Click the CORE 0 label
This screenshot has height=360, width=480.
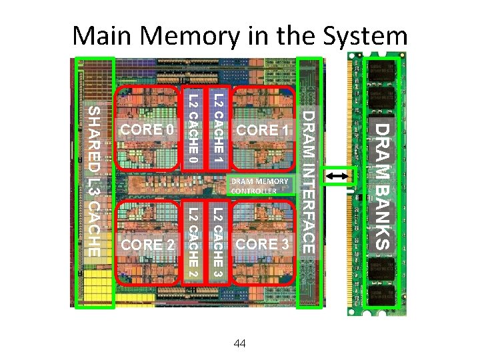click(x=145, y=129)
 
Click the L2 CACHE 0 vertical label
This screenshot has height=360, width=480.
click(x=191, y=129)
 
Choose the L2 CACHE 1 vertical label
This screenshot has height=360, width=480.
click(x=217, y=129)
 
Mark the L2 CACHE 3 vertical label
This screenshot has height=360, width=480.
click(x=217, y=244)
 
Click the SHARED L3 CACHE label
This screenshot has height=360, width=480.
click(x=94, y=181)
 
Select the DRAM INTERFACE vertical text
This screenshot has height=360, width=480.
click(x=309, y=182)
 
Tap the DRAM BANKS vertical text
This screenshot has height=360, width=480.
click(x=380, y=184)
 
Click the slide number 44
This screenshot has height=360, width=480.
click(x=240, y=343)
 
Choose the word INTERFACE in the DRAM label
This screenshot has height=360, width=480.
click(x=309, y=203)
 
